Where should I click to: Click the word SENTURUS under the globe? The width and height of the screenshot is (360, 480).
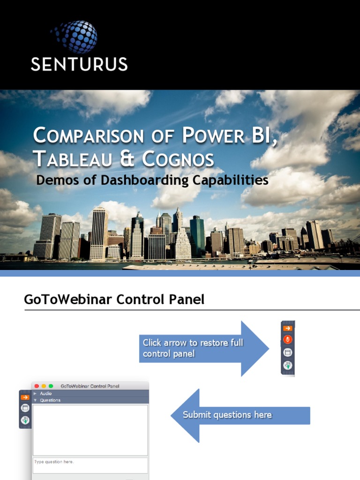(x=79, y=64)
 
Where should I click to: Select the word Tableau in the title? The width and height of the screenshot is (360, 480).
(x=75, y=159)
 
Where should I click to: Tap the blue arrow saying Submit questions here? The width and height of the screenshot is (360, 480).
(x=234, y=415)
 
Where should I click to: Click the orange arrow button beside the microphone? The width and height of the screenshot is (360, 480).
(x=288, y=328)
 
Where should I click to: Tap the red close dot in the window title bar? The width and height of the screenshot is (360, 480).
(x=37, y=386)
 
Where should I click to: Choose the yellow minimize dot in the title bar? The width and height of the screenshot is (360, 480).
(x=44, y=386)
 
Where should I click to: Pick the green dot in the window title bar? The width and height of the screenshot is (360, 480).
(x=51, y=386)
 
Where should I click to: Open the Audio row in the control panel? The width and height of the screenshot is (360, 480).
(x=46, y=394)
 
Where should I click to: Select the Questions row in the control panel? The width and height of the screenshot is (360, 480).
(x=50, y=400)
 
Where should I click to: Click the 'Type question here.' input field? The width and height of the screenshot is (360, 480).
(x=90, y=465)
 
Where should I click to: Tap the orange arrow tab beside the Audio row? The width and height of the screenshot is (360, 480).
(x=25, y=397)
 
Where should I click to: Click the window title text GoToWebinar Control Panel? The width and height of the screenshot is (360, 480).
(x=90, y=386)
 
